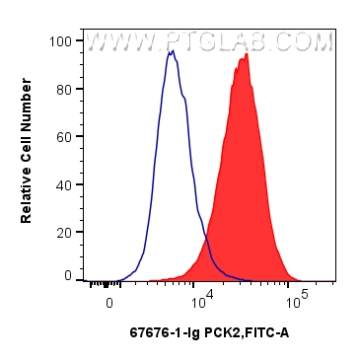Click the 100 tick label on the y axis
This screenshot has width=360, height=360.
(x=62, y=41)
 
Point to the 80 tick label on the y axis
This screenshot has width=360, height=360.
(x=65, y=89)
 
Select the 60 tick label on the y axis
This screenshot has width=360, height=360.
(x=65, y=136)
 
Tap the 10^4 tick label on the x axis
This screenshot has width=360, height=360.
(x=202, y=297)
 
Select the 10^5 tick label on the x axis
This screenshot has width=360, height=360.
(x=295, y=297)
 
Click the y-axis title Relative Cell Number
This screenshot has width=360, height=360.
(x=28, y=158)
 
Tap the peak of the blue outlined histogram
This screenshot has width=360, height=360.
(x=172, y=51)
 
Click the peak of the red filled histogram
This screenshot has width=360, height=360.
(x=246, y=55)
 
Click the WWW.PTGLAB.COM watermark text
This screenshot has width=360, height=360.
(x=209, y=42)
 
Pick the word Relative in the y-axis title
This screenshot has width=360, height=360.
(x=28, y=198)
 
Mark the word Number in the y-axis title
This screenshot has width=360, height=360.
(x=28, y=117)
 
